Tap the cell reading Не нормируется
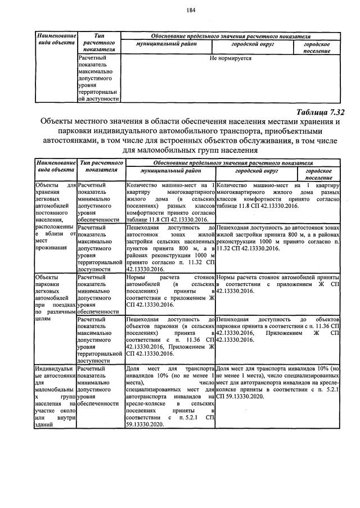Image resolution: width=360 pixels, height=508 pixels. click(230, 58)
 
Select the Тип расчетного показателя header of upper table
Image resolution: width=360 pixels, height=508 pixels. click(99, 42)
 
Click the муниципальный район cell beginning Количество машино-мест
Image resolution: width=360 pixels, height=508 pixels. click(171, 202)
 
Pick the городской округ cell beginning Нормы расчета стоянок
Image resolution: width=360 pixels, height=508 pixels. click(277, 284)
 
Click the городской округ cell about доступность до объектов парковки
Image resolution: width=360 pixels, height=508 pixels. click(277, 329)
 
